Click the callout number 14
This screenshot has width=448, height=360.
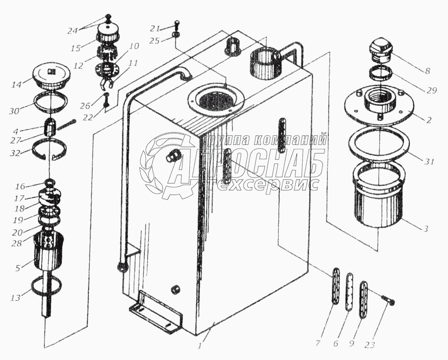pos(17,85)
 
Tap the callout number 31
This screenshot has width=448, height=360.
pos(429,161)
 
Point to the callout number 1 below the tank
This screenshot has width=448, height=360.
pos(199,346)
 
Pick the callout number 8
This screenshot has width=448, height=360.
pos(427,71)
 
